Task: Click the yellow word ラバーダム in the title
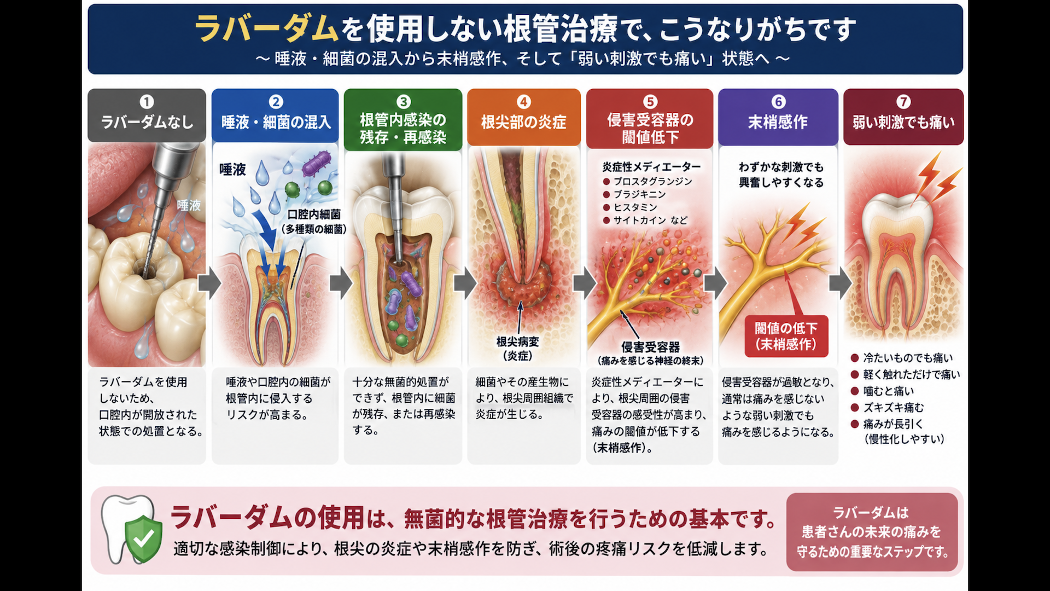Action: click(267, 28)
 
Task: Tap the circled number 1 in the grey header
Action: click(147, 102)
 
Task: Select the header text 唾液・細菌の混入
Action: click(276, 122)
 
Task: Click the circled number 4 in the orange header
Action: click(524, 102)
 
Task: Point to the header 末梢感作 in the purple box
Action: click(778, 122)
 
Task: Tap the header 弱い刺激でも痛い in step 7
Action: click(903, 122)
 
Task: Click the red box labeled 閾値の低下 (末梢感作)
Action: click(786, 336)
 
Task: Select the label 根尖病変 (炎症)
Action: click(517, 349)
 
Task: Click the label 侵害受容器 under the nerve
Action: click(650, 347)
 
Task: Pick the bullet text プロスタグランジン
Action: click(652, 181)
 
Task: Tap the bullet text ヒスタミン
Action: click(635, 207)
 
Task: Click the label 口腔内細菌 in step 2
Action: click(314, 215)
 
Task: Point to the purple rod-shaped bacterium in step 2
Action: click(317, 163)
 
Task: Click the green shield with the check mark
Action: click(143, 538)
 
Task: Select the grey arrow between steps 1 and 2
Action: click(209, 283)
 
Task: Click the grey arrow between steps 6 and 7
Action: click(841, 283)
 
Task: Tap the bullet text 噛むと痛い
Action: click(888, 391)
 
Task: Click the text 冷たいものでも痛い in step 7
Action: click(908, 358)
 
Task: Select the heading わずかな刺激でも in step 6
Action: click(781, 167)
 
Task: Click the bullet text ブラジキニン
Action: click(639, 194)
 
